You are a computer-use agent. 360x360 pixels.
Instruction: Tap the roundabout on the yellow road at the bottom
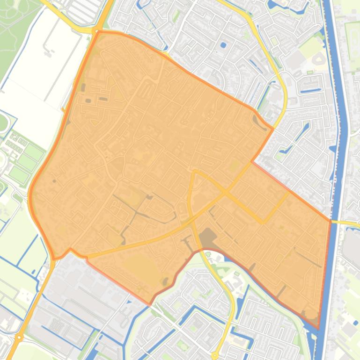click(x=215, y=355)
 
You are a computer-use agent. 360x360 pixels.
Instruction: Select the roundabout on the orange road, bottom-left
click(x=19, y=337)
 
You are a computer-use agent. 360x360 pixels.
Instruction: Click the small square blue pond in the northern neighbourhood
click(x=223, y=45)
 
